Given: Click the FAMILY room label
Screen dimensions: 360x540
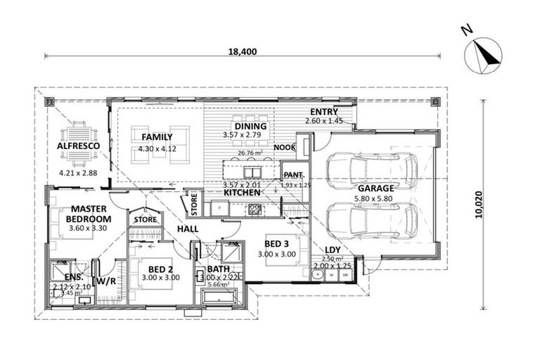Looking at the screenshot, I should point(157,136).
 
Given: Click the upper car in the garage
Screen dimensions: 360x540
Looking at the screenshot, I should point(372,169).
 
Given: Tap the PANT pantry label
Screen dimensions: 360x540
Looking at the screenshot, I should point(292,174).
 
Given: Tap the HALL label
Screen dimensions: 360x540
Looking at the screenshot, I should point(188,229).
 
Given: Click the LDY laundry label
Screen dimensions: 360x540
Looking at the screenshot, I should point(333,250).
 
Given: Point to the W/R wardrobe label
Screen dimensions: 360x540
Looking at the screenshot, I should point(105,281).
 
